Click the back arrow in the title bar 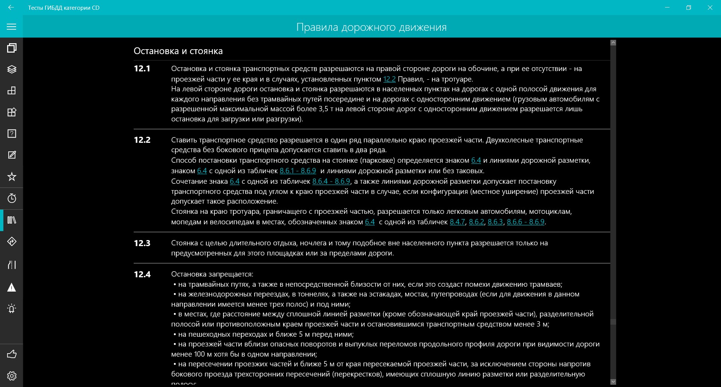click(x=11, y=8)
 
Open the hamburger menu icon click(x=12, y=27)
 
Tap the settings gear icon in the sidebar click(x=12, y=376)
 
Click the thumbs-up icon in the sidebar click(x=12, y=354)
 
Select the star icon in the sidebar click(x=12, y=177)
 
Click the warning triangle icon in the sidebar click(x=12, y=288)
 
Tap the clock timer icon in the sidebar click(x=12, y=198)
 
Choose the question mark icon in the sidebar click(x=12, y=134)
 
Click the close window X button click(x=710, y=8)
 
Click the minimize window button click(x=667, y=8)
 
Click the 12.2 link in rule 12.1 click(x=389, y=79)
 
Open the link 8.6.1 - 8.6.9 click(x=298, y=171)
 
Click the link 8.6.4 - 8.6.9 click(x=331, y=181)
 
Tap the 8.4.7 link click(x=457, y=222)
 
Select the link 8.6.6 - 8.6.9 click(x=525, y=222)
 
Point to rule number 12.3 click(x=142, y=243)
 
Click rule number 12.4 click(x=142, y=275)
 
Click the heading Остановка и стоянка click(x=178, y=51)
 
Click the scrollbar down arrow click(x=613, y=382)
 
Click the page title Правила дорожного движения click(x=371, y=27)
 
